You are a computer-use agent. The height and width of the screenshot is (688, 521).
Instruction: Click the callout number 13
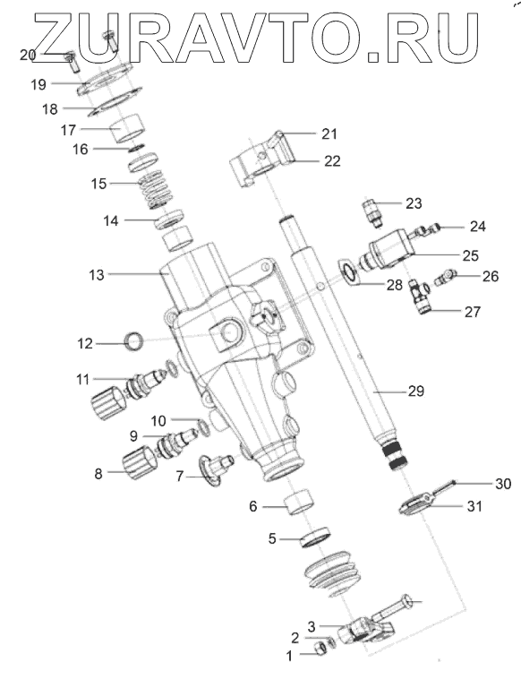pyautogui.click(x=97, y=275)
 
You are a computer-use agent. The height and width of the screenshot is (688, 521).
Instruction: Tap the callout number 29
pyautogui.click(x=415, y=391)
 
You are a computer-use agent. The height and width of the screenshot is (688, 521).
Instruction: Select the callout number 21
pyautogui.click(x=329, y=133)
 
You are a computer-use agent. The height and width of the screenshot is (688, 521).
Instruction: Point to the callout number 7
pyautogui.click(x=179, y=476)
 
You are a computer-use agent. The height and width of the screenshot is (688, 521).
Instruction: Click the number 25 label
pyautogui.click(x=470, y=255)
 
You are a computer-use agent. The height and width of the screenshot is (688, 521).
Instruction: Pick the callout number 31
pyautogui.click(x=474, y=506)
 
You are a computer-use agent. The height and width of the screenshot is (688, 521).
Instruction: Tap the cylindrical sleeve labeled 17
pyautogui.click(x=128, y=128)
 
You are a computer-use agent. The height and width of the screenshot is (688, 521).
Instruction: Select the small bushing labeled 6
pyautogui.click(x=300, y=500)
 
